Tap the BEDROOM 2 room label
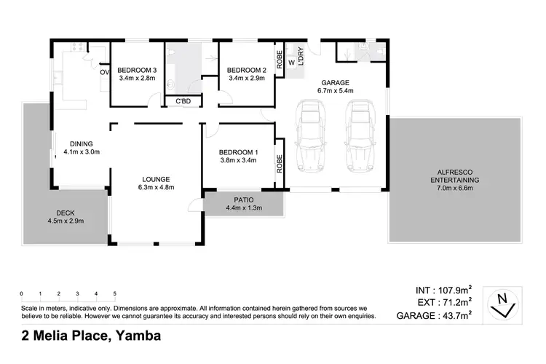247,70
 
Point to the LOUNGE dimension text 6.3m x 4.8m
156,189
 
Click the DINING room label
80,143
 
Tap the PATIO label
243,199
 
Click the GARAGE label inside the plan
335,83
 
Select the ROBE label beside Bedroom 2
279,56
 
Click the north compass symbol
502,304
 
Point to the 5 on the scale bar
115,294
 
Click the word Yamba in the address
137,336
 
